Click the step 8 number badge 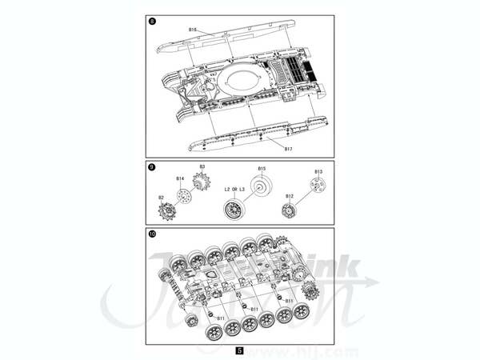tap(152, 22)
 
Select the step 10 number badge tap(152, 234)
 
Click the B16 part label tap(193, 30)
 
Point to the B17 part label tap(288, 147)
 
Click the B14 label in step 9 tap(180, 178)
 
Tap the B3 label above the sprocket tap(202, 166)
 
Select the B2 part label tap(160, 197)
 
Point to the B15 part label tap(261, 168)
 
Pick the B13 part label tap(318, 171)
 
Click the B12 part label tap(290, 196)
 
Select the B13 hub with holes tap(318, 187)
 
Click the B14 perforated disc tap(185, 195)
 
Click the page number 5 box tap(240, 350)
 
